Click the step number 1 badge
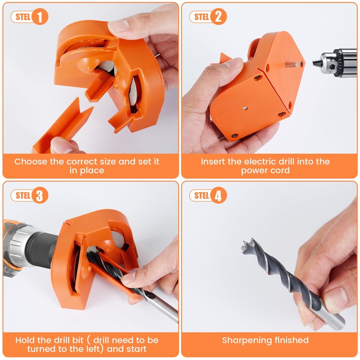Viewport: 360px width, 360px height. pyautogui.click(x=40, y=18)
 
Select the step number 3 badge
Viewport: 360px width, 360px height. pyautogui.click(x=40, y=196)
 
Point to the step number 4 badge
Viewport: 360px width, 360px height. pyautogui.click(x=218, y=196)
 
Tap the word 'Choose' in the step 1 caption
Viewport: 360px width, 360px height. pyautogui.click(x=30, y=162)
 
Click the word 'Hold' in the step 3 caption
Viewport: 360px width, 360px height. pyautogui.click(x=25, y=340)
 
